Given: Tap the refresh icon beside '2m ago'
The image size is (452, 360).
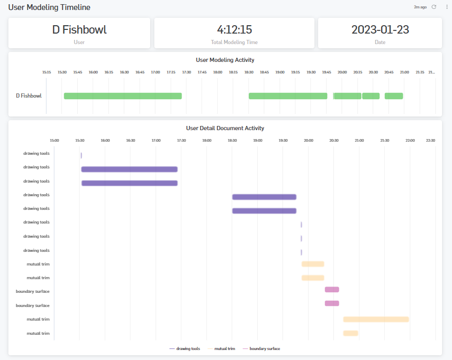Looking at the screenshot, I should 434,7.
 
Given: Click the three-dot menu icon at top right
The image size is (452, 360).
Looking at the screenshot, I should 446,7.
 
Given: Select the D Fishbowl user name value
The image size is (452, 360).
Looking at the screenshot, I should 79,30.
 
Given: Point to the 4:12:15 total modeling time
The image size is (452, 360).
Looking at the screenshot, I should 234,30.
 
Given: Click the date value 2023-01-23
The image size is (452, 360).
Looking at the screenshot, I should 380,30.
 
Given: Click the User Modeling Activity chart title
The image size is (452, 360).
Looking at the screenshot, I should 225,60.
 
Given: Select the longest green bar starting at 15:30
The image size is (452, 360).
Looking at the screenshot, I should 123,96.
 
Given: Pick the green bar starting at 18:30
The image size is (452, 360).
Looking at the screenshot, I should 288,96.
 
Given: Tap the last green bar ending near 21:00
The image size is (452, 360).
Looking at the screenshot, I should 394,96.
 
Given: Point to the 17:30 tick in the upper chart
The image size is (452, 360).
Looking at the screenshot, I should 186,72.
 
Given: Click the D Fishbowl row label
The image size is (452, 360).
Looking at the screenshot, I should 29,96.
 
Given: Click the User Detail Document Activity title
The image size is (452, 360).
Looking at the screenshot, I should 225,128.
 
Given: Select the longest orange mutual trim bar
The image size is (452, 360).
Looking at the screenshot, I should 376,319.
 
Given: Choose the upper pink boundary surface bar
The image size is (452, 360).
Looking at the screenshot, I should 332,289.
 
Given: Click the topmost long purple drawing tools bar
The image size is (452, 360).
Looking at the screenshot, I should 129,169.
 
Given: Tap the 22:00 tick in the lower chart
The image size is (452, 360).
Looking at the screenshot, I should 410,140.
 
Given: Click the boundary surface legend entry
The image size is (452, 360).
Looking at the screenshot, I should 264,348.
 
